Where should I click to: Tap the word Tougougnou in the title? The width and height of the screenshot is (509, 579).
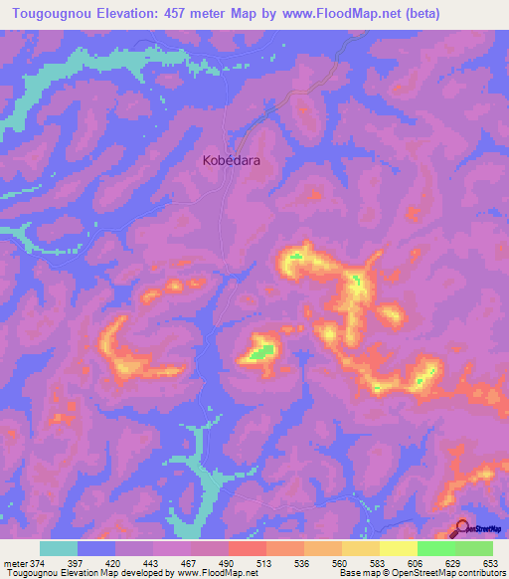48,14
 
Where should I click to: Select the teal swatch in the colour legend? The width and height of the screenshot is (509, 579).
59,548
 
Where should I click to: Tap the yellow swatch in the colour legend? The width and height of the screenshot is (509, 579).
398,548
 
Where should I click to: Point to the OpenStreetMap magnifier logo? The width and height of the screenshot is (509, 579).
462,528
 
